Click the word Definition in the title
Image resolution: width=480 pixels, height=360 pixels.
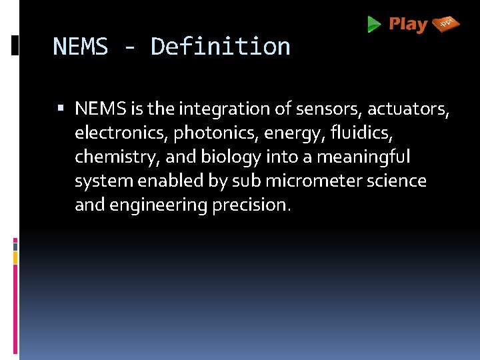[x=221, y=47]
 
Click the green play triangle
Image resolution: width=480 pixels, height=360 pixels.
[x=374, y=25]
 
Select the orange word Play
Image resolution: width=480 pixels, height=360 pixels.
[x=408, y=25]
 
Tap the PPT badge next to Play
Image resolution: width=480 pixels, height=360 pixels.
[x=446, y=24]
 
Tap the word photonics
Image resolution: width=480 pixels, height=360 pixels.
[x=216, y=133]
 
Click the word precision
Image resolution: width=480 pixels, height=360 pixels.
[x=251, y=205]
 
